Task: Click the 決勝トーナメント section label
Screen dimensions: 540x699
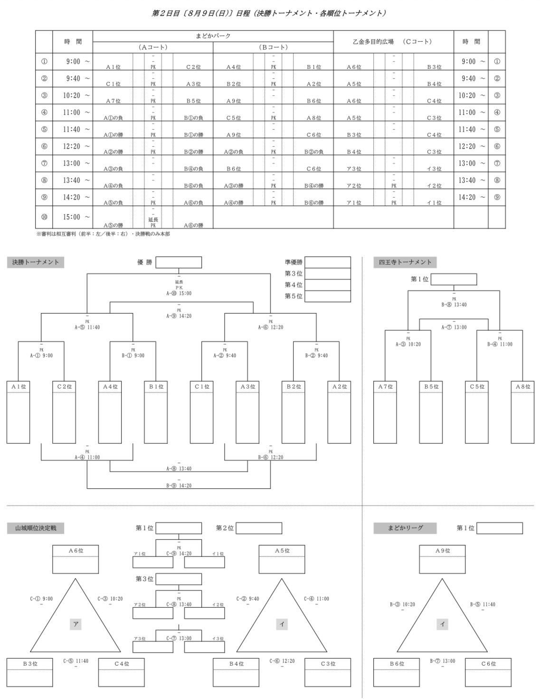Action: [x=35, y=262]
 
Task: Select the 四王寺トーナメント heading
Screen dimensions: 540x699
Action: [x=405, y=262]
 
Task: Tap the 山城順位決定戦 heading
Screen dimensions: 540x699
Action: [x=35, y=528]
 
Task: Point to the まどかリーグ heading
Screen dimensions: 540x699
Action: [x=405, y=528]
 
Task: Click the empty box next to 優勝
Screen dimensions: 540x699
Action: [x=179, y=262]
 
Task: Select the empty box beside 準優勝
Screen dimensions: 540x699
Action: [x=328, y=262]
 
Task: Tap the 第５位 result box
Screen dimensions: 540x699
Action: [x=328, y=296]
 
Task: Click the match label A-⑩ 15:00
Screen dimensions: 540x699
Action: [x=179, y=293]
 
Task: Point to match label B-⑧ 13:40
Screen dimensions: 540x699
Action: [x=454, y=305]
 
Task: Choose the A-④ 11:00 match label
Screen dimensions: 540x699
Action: [x=87, y=458]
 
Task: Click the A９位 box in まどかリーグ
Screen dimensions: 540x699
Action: [x=442, y=559]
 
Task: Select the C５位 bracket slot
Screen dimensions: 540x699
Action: [x=477, y=412]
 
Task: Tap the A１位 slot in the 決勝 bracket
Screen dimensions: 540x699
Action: [x=19, y=412]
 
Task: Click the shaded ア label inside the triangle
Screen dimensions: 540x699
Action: [x=76, y=624]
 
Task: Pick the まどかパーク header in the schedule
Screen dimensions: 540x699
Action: [x=213, y=36]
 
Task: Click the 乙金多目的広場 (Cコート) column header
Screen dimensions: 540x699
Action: [x=393, y=42]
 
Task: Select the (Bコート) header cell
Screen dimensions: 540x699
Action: [x=273, y=48]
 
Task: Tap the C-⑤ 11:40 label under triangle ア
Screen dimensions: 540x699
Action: [x=76, y=661]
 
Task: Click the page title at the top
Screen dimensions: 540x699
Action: [x=269, y=13]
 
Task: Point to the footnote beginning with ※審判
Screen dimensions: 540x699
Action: [x=103, y=234]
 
